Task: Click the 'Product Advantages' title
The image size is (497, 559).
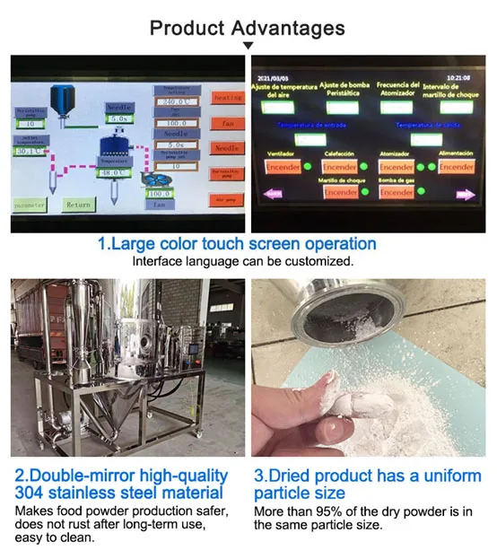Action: pyautogui.click(x=248, y=27)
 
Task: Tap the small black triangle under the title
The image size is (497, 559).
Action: pyautogui.click(x=248, y=46)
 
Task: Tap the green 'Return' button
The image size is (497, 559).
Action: pyautogui.click(x=78, y=205)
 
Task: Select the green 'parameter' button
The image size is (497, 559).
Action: pyautogui.click(x=30, y=205)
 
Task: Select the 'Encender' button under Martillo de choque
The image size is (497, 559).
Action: pyautogui.click(x=341, y=192)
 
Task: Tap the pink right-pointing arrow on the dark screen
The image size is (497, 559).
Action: pyautogui.click(x=465, y=193)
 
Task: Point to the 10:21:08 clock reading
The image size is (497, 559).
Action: pyautogui.click(x=460, y=78)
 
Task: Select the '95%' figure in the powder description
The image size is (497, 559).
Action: pyautogui.click(x=319, y=511)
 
